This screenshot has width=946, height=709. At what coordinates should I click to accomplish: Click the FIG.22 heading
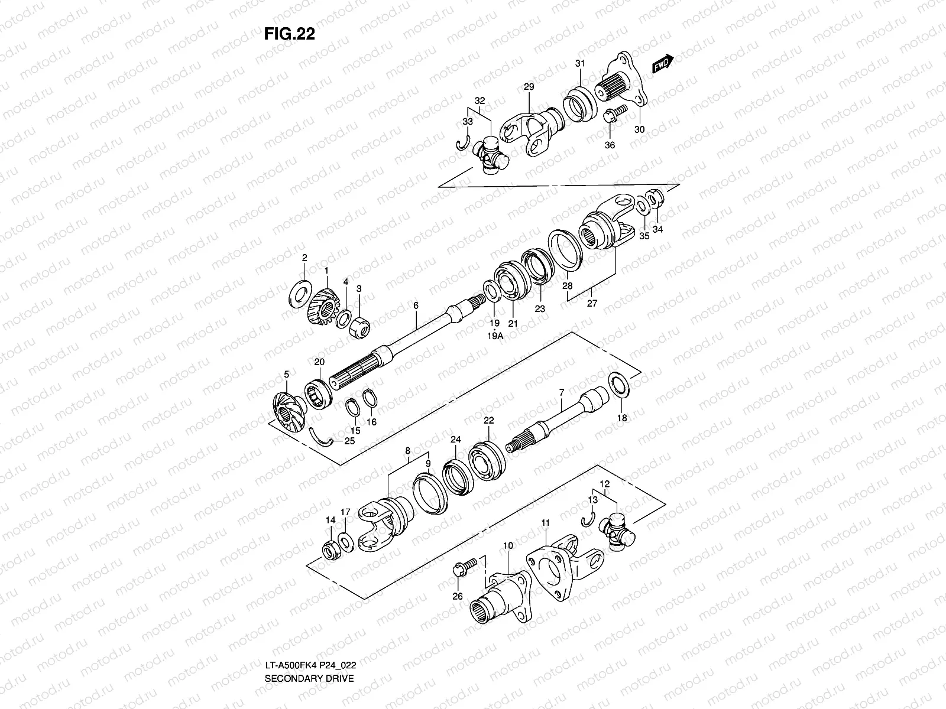[290, 34]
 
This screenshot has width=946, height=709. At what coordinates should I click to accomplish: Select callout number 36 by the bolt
[610, 145]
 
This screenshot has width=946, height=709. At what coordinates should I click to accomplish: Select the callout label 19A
[495, 336]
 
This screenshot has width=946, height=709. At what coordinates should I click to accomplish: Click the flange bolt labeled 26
[464, 568]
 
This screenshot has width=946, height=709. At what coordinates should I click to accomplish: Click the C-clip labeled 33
[463, 145]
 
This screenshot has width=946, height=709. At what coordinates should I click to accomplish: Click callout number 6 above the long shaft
[416, 305]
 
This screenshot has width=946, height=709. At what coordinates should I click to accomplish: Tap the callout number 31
[580, 64]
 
